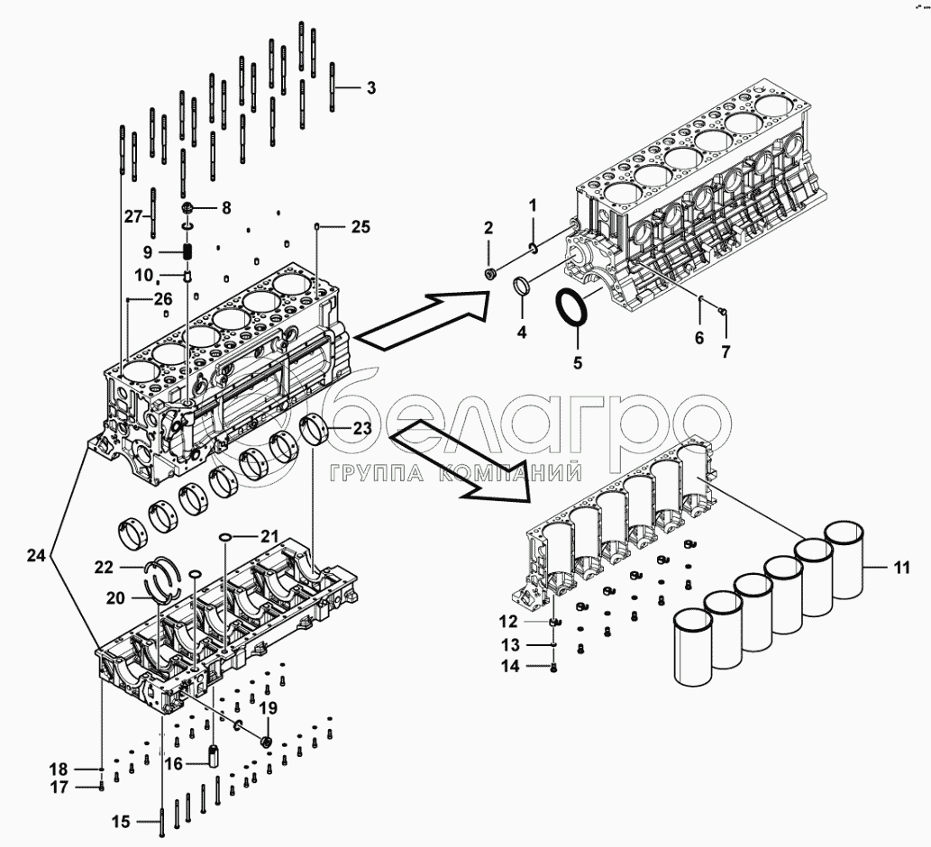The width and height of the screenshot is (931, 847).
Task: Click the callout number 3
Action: click(370, 88)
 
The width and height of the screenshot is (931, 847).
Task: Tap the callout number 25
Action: click(360, 227)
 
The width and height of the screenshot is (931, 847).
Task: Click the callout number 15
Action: click(121, 822)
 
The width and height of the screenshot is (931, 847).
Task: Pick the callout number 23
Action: click(361, 430)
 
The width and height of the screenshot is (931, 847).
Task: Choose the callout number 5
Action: click(579, 364)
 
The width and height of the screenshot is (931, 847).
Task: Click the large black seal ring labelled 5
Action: click(571, 309)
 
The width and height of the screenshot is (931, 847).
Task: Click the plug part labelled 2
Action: click(489, 273)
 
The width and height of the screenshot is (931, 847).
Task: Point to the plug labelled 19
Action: click(266, 741)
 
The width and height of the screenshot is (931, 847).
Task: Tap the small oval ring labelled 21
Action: click(225, 537)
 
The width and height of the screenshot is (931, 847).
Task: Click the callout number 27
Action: click(133, 215)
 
